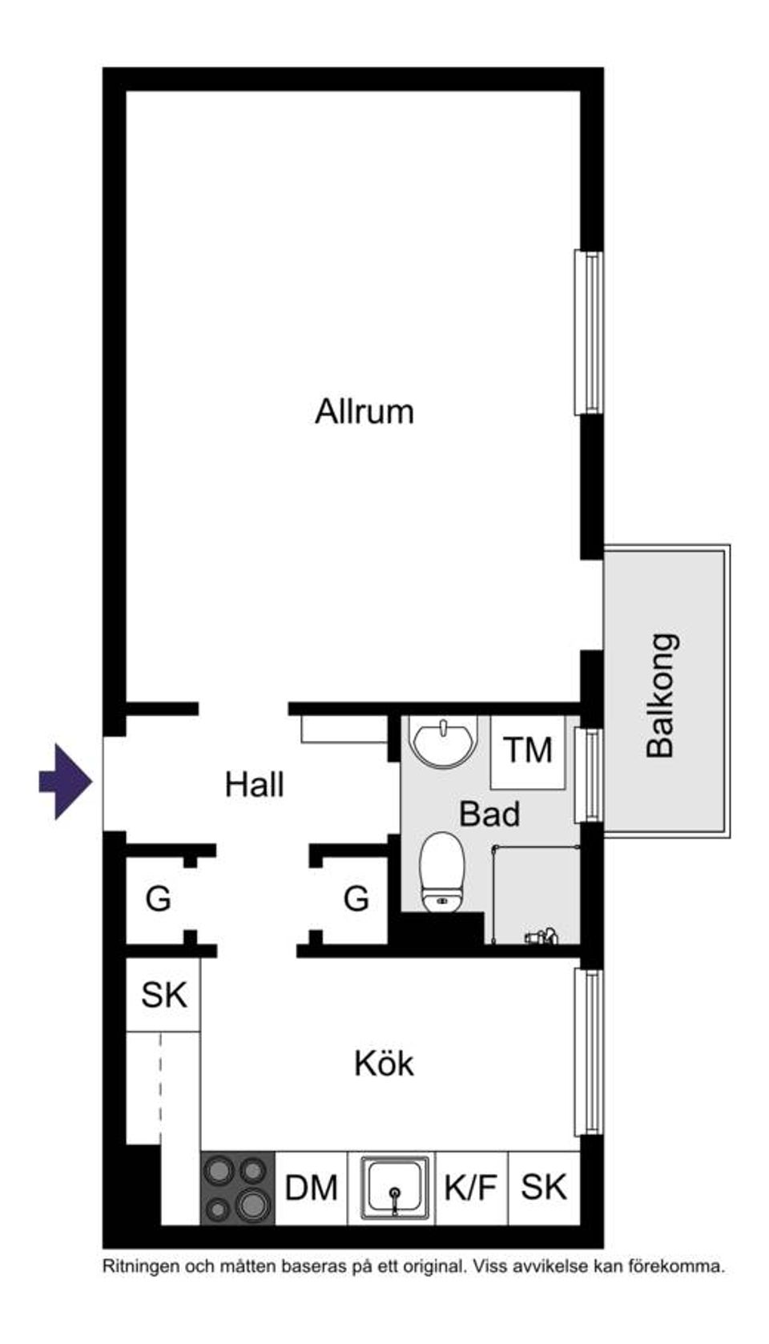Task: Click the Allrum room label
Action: [364, 412]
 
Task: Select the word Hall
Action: [254, 785]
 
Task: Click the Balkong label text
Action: [662, 695]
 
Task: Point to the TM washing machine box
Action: [528, 751]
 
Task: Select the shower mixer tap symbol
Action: [541, 936]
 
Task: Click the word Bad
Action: [489, 815]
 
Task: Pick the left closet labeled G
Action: [159, 899]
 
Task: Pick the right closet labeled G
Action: [356, 899]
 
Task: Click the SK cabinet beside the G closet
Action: [163, 995]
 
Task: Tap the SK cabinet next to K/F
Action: [544, 1187]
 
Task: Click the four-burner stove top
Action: [237, 1188]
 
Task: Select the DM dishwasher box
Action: [311, 1188]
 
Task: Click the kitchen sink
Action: [394, 1188]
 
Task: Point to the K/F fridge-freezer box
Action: [471, 1188]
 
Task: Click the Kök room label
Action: [384, 1064]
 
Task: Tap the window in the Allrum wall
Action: [589, 332]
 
